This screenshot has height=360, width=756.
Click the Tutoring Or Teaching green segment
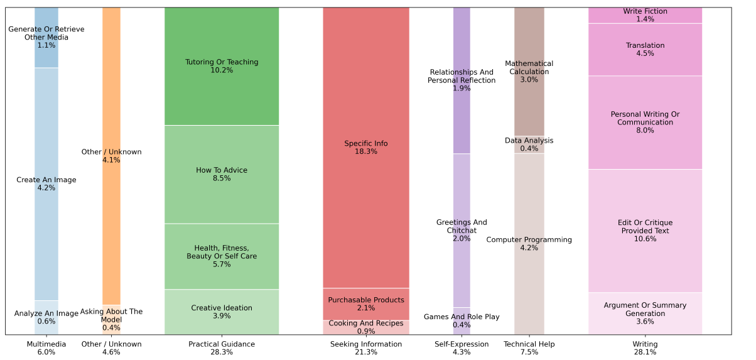221,66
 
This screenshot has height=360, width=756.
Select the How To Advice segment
221,174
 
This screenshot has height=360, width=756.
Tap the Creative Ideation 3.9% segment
221,312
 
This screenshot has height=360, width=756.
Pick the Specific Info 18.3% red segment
365,148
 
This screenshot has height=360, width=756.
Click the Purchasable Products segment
365,304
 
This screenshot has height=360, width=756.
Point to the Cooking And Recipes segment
365,327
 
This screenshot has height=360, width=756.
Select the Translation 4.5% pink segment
645,50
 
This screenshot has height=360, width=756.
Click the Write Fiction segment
645,15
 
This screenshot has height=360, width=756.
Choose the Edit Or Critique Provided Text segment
645,231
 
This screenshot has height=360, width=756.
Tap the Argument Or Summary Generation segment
645,314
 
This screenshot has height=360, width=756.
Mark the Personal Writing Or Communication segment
645,123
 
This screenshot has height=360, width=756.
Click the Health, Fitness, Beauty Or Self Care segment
221,256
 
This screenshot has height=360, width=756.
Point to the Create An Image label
46,184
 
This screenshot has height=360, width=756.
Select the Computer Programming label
529,244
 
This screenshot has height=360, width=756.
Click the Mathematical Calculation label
529,72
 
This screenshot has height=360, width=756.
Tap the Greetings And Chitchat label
462,231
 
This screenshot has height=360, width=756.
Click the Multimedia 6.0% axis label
46,348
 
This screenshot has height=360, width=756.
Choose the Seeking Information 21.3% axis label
365,348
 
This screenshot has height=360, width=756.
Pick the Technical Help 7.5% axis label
529,348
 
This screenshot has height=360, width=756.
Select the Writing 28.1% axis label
645,348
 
